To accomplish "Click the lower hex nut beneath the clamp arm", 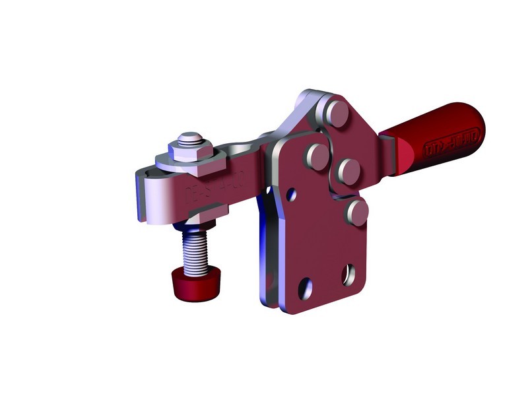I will coord(204,215).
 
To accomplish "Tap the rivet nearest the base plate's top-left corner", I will coord(317,158).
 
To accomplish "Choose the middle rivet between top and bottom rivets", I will coord(346,172).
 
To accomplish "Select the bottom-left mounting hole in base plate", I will coord(305,287).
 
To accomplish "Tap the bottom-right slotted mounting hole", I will coord(348,273).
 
